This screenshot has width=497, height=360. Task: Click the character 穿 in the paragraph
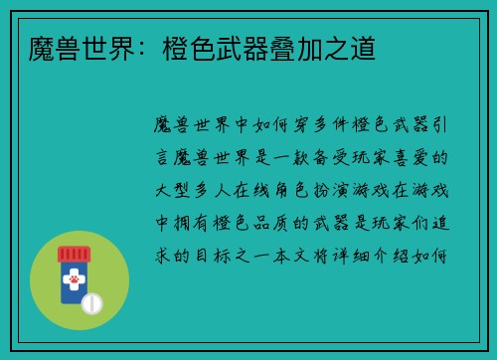tap(292, 125)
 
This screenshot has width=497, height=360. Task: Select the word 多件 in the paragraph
tap(325, 125)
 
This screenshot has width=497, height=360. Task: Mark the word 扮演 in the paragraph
tap(347, 190)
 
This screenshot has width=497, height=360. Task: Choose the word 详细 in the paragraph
tap(368, 256)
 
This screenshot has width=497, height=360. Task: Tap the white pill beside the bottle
tap(92, 302)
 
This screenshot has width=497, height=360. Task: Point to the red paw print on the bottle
tap(73, 282)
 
